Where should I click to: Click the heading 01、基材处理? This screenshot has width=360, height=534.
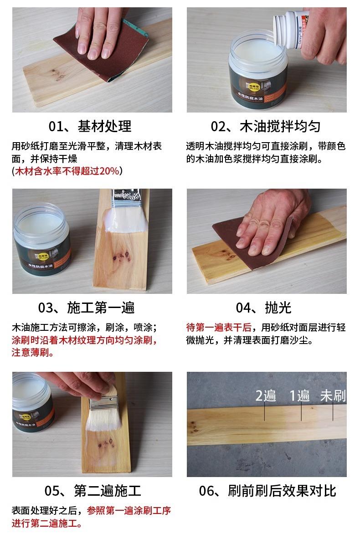click(x=90, y=126)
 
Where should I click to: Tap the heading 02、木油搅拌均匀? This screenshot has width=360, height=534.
click(x=266, y=126)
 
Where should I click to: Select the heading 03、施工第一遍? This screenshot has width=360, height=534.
click(x=86, y=308)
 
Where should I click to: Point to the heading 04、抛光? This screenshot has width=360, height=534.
click(x=263, y=308)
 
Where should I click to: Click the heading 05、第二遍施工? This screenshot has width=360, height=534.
click(x=93, y=491)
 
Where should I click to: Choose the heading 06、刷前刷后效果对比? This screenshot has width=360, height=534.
click(x=267, y=491)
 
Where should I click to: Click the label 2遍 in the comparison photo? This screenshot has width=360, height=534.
click(x=266, y=396)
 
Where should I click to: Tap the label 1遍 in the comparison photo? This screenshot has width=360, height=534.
click(x=300, y=396)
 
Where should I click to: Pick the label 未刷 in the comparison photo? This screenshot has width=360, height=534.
click(x=333, y=396)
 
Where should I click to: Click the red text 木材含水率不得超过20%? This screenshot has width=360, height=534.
click(x=67, y=171)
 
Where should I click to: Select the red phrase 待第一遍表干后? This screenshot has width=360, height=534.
click(x=219, y=328)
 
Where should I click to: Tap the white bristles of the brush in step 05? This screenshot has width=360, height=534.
click(x=104, y=417)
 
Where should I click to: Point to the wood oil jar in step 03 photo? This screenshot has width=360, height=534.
click(x=41, y=238)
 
